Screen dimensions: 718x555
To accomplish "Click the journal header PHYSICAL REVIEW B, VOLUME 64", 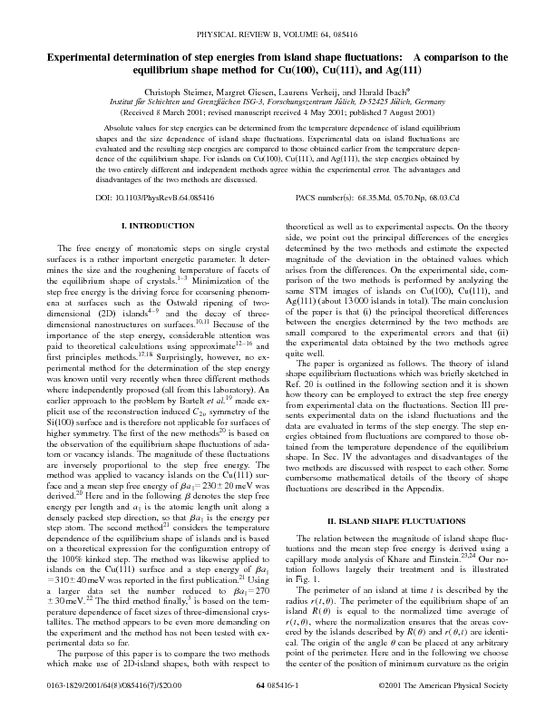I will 253,34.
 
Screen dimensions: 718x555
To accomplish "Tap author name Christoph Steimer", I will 179,92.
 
